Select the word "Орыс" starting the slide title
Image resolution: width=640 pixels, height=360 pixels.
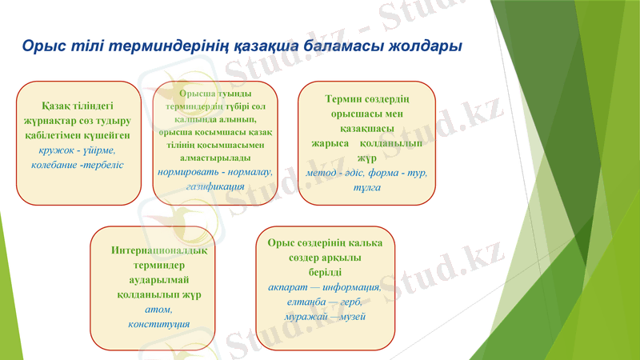click(38, 46)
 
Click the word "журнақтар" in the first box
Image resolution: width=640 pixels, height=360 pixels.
click(47, 121)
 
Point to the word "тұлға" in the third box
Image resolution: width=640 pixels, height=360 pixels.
click(366, 186)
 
